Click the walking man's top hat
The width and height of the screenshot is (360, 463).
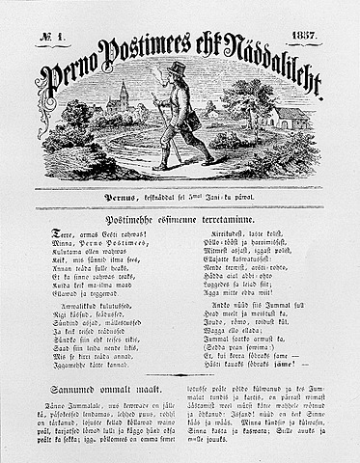(x=178, y=68)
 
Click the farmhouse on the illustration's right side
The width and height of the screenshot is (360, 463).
(x=289, y=120)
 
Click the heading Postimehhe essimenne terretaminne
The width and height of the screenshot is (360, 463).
(x=180, y=220)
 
